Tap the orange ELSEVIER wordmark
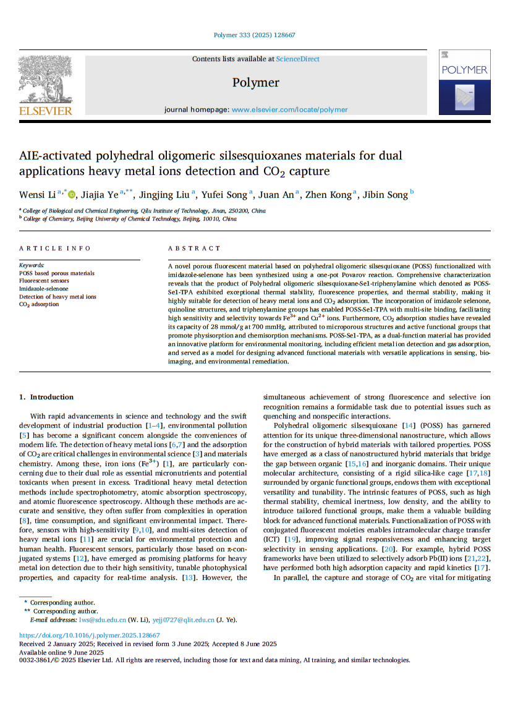[x=46, y=111]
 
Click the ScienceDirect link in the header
[x=297, y=59]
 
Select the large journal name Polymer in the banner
[x=256, y=83]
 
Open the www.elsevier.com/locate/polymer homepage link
[x=289, y=110]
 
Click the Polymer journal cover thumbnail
[x=464, y=82]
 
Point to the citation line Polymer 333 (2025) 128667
[x=255, y=35]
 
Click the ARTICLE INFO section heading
[x=55, y=249]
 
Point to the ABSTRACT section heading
[x=194, y=249]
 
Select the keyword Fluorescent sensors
[x=44, y=281]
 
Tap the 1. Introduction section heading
[x=47, y=397]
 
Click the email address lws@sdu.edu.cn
[x=102, y=619]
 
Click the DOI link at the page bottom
[x=90, y=636]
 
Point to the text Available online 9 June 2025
[x=61, y=652]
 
